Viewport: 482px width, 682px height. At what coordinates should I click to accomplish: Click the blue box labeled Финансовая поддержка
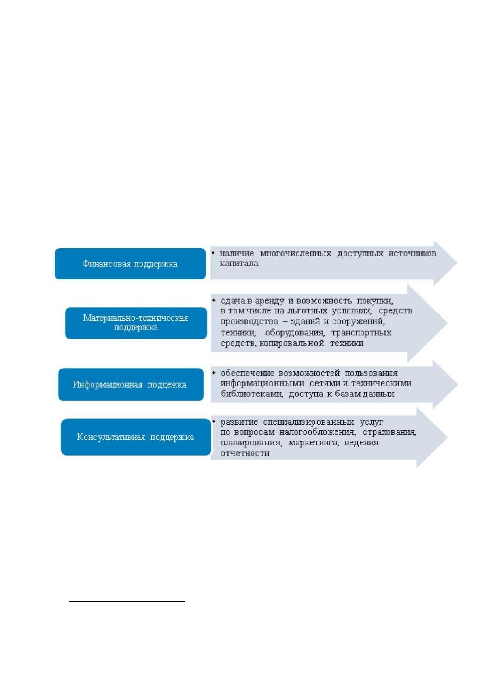pyautogui.click(x=130, y=264)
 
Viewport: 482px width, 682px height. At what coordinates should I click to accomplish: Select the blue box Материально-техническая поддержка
pyautogui.click(x=136, y=323)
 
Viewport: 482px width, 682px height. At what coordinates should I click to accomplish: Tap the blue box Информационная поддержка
pyautogui.click(x=131, y=384)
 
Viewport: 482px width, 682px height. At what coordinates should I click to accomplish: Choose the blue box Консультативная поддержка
pyautogui.click(x=136, y=437)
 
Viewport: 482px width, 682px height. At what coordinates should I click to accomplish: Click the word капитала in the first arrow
pyautogui.click(x=239, y=263)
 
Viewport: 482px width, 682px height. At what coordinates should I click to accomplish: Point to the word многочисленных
pyautogui.click(x=296, y=253)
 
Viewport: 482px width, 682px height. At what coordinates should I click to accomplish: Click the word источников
pyautogui.click(x=412, y=253)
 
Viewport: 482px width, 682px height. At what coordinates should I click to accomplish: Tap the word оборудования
pyautogui.click(x=294, y=333)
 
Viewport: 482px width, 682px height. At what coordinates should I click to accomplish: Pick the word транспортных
pyautogui.click(x=361, y=333)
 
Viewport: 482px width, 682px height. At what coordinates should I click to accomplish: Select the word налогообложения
pyautogui.click(x=317, y=432)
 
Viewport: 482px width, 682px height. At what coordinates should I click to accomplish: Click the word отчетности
pyautogui.click(x=245, y=453)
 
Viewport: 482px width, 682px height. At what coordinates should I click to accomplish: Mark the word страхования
pyautogui.click(x=389, y=432)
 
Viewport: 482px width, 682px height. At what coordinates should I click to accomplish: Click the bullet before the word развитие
pyautogui.click(x=214, y=422)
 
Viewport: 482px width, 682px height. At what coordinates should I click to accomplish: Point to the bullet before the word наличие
pyautogui.click(x=214, y=253)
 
